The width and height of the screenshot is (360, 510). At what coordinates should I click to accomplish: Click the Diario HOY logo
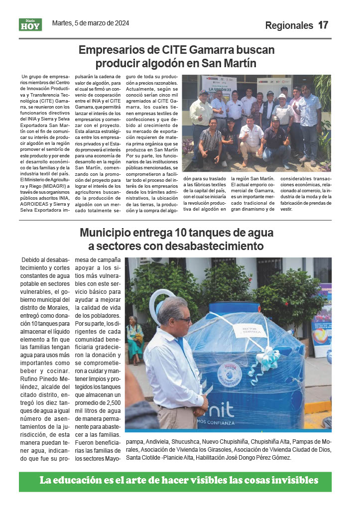(30, 24)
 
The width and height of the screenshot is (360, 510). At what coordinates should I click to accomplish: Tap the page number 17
(324, 25)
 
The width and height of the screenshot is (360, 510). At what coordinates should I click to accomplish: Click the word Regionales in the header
(289, 25)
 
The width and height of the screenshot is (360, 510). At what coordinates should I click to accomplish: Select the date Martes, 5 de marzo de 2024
(91, 23)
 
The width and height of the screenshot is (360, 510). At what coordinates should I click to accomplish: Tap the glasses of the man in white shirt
(182, 319)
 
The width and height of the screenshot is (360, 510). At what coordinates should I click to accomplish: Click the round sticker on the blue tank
(230, 372)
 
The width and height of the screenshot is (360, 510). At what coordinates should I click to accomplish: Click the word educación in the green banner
(90, 481)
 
